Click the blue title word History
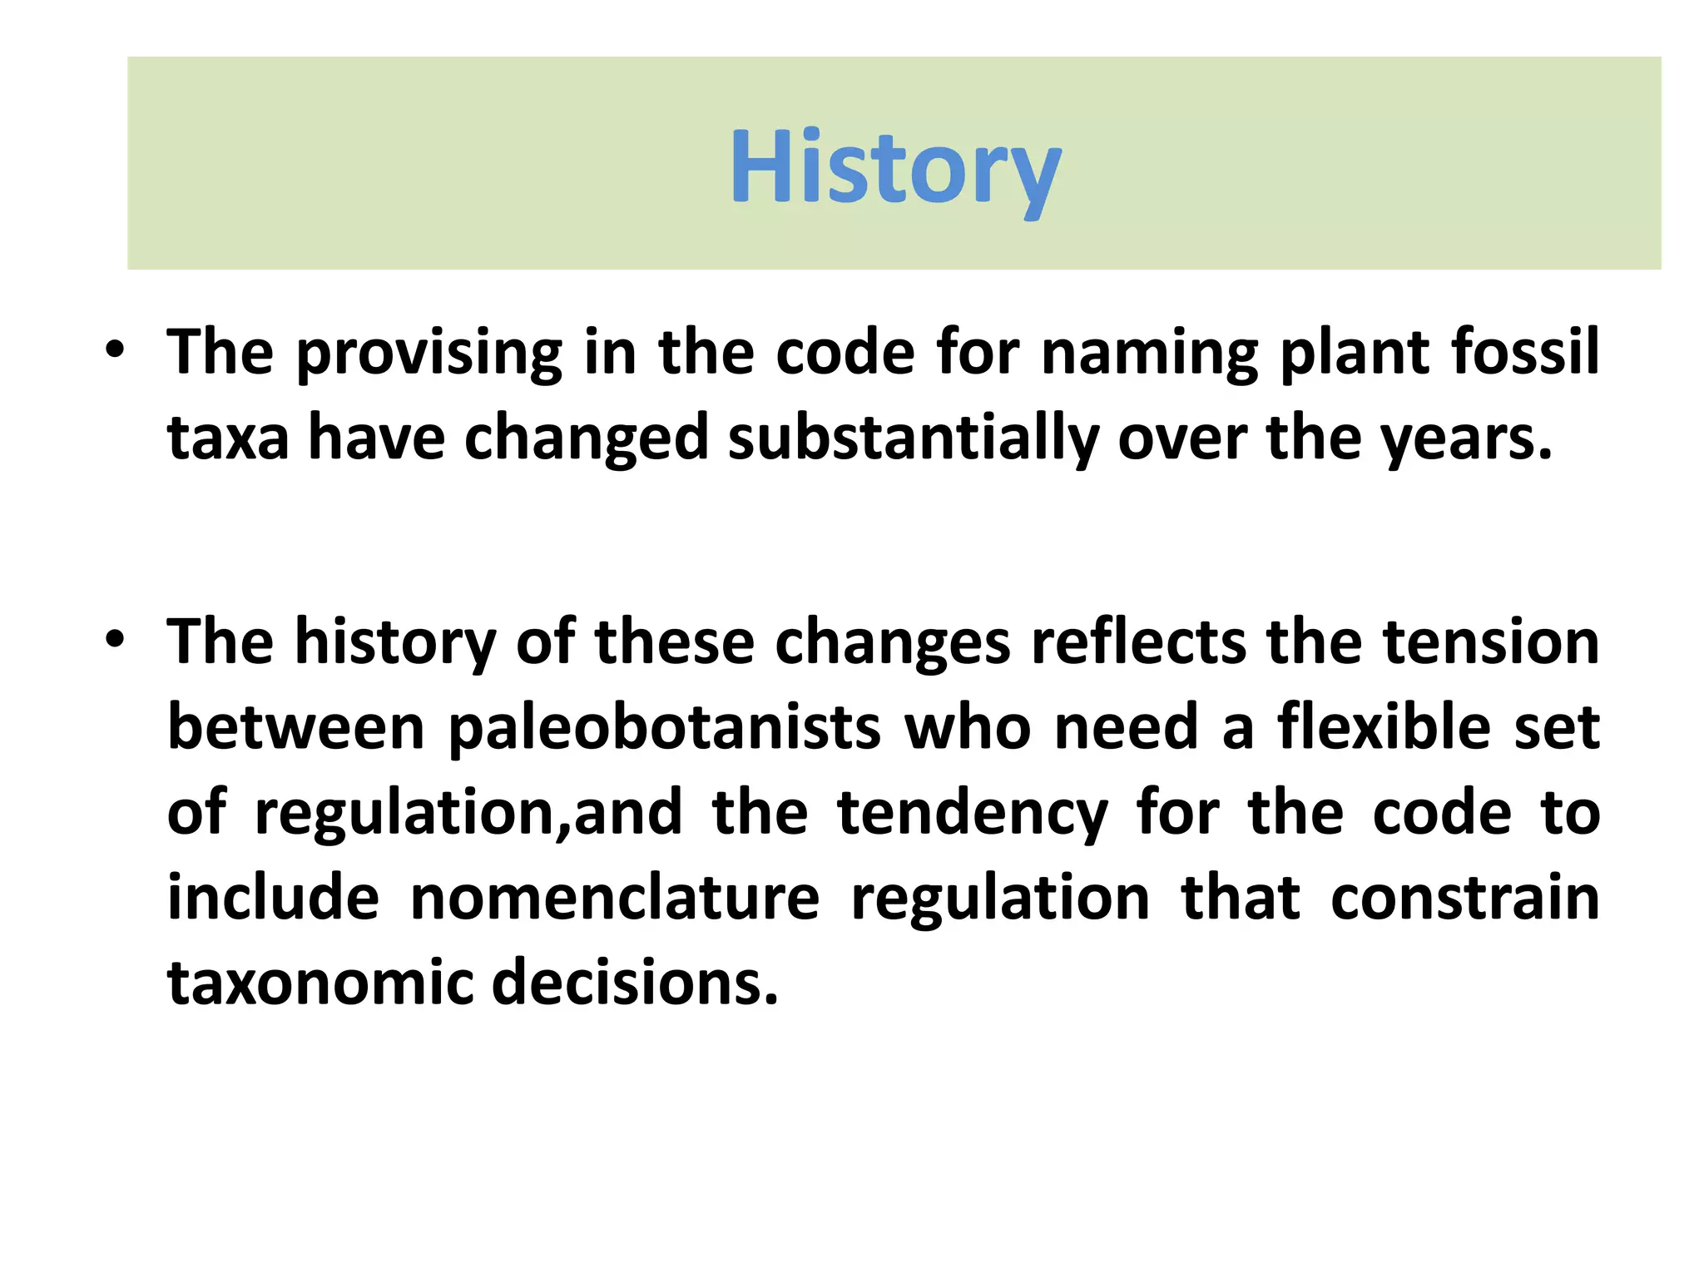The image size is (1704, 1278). [894, 168]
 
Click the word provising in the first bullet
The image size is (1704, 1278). [429, 353]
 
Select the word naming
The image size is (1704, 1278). [1149, 353]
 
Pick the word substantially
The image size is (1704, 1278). [913, 438]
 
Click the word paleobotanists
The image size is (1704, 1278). [665, 728]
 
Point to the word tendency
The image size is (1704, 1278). [972, 813]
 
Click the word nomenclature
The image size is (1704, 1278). [615, 899]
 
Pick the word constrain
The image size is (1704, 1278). [1464, 899]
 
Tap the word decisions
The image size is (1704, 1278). [635, 983]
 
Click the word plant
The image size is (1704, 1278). [1353, 353]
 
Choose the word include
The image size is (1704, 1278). [273, 899]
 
